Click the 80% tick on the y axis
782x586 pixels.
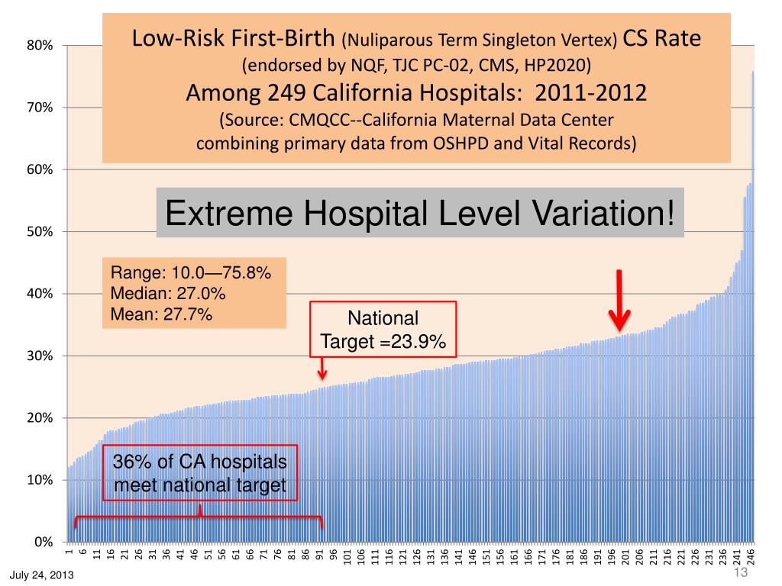tap(41, 46)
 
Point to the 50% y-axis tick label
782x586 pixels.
tap(41, 232)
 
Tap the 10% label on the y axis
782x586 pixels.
tap(41, 480)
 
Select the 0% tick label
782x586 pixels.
tap(44, 543)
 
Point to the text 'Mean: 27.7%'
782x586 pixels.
tap(162, 313)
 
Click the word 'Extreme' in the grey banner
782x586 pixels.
tap(221, 213)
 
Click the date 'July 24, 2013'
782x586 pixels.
tap(42, 575)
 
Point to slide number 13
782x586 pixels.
tap(739, 573)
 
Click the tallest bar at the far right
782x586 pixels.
tap(753, 305)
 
